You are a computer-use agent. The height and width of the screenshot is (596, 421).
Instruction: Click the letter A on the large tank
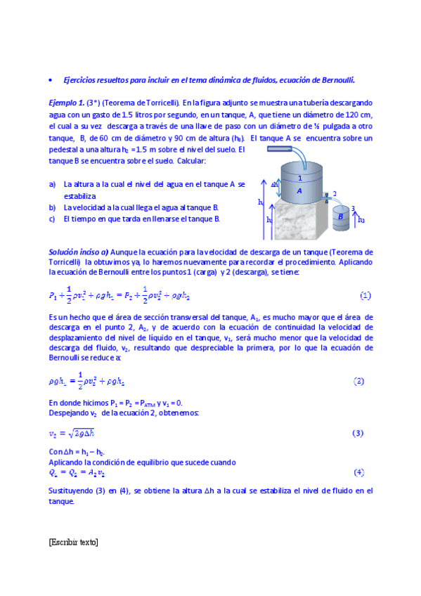click(x=299, y=190)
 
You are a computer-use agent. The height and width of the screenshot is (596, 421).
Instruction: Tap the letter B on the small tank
click(x=341, y=217)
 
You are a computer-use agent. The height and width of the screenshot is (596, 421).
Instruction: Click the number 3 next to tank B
click(x=352, y=208)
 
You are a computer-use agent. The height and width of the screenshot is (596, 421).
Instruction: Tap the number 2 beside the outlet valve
click(x=335, y=193)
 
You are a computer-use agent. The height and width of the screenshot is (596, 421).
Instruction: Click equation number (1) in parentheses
click(x=365, y=296)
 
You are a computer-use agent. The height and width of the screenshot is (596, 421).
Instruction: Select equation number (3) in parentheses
click(x=358, y=433)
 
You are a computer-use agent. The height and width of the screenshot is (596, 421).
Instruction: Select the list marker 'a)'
click(x=53, y=183)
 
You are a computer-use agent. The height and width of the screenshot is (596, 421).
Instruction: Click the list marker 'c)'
click(x=53, y=219)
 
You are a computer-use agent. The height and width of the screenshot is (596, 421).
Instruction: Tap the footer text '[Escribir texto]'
click(x=74, y=542)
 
